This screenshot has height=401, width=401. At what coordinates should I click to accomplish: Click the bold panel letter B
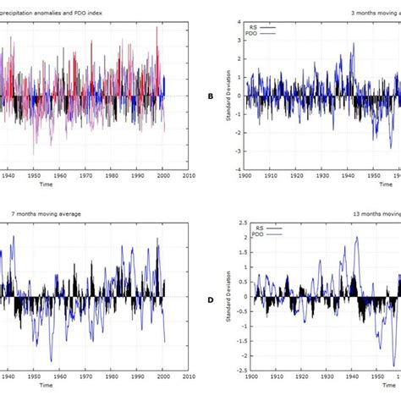pos(211,96)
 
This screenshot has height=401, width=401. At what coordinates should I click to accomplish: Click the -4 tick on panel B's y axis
pos(239,168)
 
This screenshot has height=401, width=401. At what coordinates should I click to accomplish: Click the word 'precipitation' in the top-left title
pos(25,13)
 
